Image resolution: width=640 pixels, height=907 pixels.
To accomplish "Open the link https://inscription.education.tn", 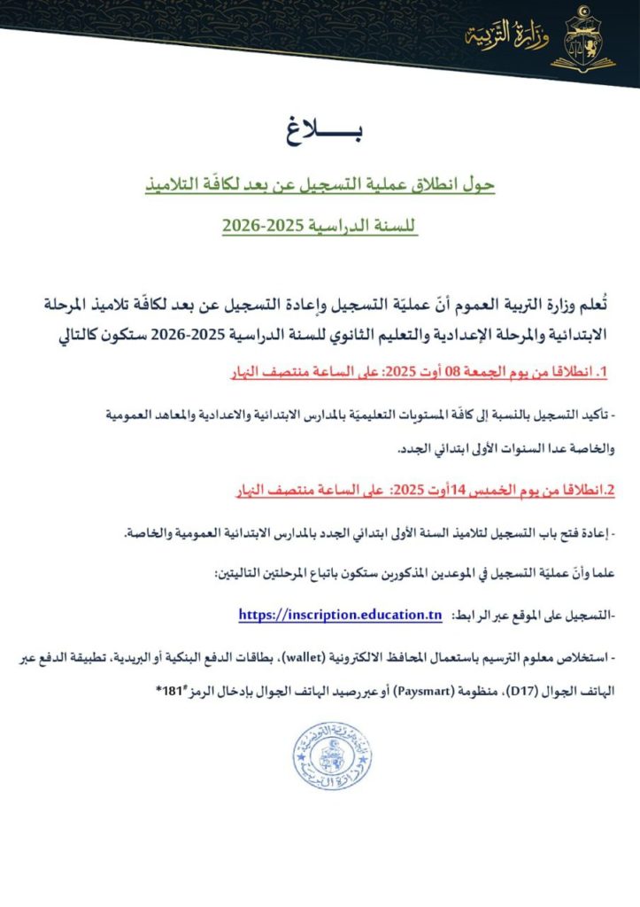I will [340, 615].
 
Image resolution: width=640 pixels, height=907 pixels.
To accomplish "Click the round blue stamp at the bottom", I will [332, 756].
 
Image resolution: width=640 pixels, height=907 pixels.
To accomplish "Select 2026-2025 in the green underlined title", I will [264, 227].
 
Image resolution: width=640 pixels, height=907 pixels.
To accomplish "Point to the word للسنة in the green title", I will [396, 227].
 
